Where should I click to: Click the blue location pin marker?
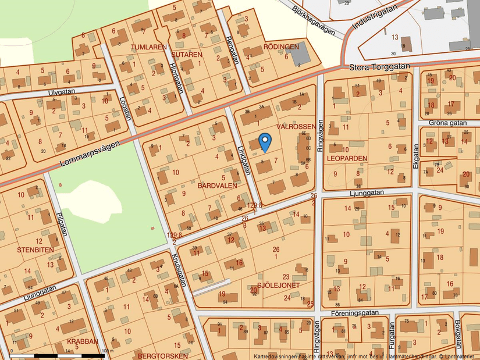(265, 141)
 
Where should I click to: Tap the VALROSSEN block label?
(296, 126)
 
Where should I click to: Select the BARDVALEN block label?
(217, 186)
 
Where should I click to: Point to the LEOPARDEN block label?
(347, 158)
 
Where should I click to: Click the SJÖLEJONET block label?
(278, 286)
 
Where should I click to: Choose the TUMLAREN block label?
(148, 47)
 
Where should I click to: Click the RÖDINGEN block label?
(281, 47)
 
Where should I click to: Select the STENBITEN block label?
(35, 250)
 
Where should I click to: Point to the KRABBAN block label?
(83, 342)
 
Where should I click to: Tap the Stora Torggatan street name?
(376, 67)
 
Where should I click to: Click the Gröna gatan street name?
(448, 123)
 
